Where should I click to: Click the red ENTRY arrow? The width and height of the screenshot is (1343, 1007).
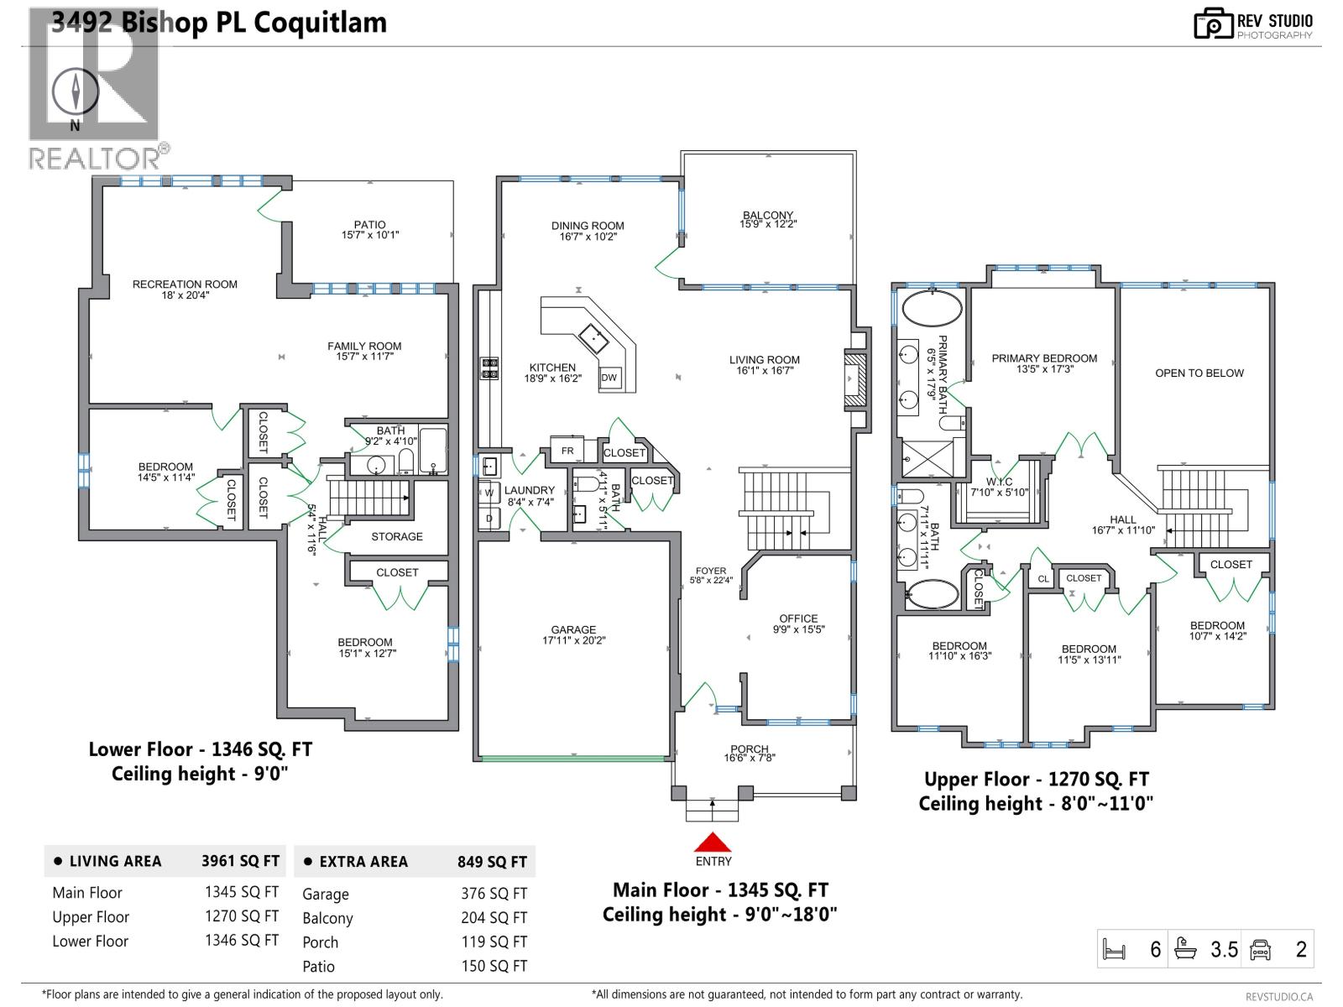713,842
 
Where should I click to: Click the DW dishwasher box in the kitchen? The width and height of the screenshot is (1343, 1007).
609,378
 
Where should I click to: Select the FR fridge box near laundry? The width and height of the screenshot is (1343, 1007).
567,451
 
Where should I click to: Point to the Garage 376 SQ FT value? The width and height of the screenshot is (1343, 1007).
494,895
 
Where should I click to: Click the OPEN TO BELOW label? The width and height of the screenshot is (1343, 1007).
1199,373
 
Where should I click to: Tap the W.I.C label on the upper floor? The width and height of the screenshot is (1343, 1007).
999,482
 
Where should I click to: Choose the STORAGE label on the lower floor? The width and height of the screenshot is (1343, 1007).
397,537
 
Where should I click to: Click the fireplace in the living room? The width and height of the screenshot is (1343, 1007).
856,380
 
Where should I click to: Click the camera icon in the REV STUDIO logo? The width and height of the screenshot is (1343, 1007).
1214,23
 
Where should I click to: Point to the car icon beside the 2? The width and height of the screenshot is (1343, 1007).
1260,950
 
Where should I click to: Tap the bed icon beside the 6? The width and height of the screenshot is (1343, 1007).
1114,951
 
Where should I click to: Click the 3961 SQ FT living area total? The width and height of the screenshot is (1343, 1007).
240,861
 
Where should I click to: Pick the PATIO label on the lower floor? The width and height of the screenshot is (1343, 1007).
369,225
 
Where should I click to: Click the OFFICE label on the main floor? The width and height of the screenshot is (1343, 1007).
798,618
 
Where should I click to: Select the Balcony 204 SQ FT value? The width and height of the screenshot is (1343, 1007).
494,919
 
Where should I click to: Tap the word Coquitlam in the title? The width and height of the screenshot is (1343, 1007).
320,23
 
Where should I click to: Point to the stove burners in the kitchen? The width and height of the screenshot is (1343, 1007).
489,368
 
